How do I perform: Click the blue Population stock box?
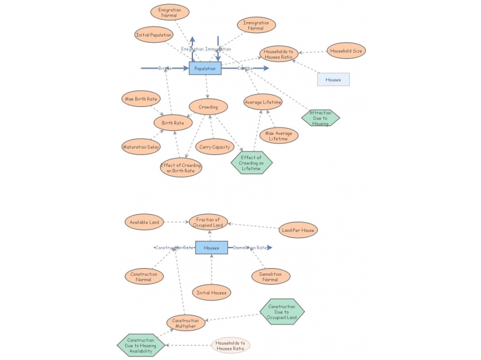coord(205,69)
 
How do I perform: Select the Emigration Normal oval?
coord(170,12)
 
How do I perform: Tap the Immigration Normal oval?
coord(256,25)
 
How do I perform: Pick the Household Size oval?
coord(346,51)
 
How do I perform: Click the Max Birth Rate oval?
coord(141,99)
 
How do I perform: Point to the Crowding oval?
coord(208,107)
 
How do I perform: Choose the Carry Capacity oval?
coord(214,147)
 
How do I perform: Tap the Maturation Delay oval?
coord(141,147)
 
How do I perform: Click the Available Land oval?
coord(145,222)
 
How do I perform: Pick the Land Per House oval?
coord(298,230)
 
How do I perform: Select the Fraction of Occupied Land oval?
coord(209,222)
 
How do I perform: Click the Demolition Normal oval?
coord(271,276)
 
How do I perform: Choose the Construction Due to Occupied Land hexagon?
coord(282,312)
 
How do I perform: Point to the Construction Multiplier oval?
coord(185,323)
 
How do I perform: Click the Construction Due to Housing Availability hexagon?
coord(139,344)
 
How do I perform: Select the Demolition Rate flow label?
coord(250,248)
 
